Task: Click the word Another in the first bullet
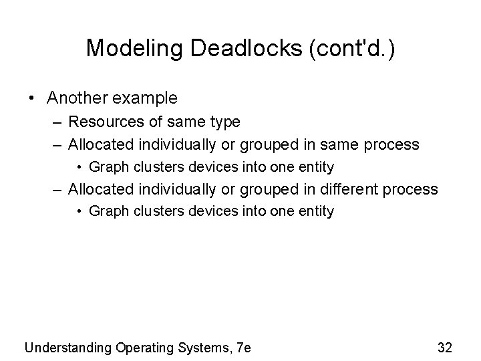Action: tap(75, 98)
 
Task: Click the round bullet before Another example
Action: tap(31, 99)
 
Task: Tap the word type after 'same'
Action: tap(225, 122)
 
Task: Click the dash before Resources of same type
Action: tap(58, 122)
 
